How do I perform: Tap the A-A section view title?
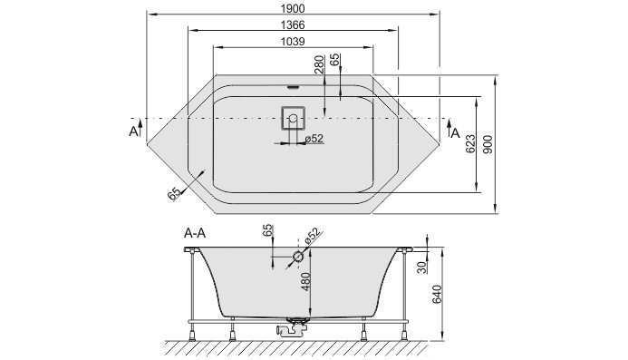195,233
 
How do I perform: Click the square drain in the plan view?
293,119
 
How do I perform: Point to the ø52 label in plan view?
313,139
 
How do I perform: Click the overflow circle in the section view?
298,258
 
